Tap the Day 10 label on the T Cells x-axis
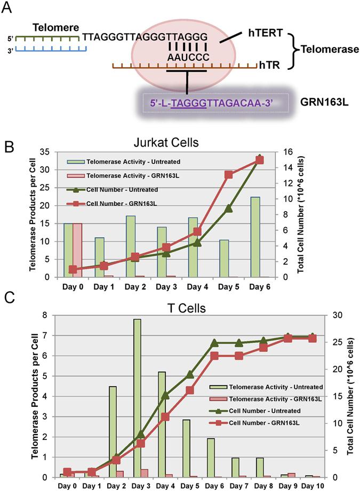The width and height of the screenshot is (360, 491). coord(310,485)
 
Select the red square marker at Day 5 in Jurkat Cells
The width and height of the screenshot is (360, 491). coord(228,174)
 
